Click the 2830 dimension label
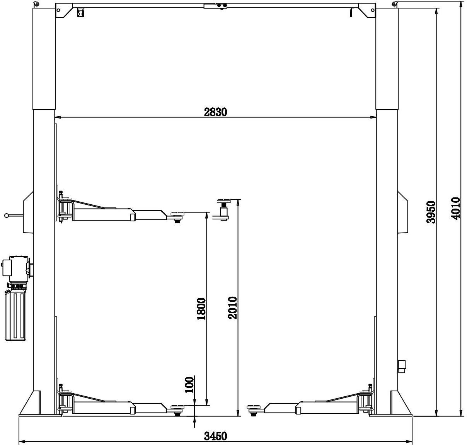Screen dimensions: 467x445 [x=215, y=112]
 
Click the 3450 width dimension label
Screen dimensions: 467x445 [x=215, y=436]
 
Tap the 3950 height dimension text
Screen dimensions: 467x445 [x=431, y=212]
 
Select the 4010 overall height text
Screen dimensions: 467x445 [x=455, y=209]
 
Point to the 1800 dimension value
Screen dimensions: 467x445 [x=201, y=309]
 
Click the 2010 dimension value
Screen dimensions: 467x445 [x=233, y=307]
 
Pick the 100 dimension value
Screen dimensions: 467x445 [x=189, y=385]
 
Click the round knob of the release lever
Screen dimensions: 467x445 [x=7, y=216]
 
